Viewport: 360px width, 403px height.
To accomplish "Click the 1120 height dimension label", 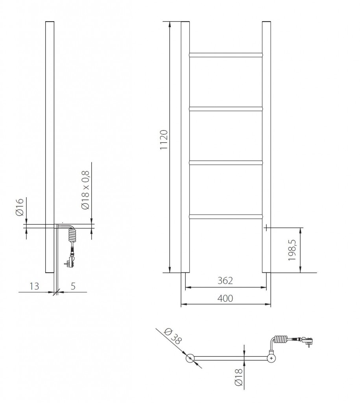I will (x=164, y=140).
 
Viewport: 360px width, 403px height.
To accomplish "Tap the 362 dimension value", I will (x=225, y=281).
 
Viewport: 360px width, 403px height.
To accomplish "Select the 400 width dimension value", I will (x=225, y=298).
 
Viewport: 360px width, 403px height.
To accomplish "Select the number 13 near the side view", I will (x=35, y=286).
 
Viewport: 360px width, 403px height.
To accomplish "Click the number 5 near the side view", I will (x=73, y=286).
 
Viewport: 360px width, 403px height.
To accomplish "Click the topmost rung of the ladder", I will (x=225, y=54).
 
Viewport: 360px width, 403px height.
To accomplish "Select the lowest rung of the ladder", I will (x=225, y=216).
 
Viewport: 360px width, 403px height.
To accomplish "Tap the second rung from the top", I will (x=225, y=108).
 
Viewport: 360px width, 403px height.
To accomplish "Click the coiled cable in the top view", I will (x=281, y=339).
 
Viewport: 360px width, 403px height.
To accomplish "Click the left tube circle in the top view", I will (x=190, y=358).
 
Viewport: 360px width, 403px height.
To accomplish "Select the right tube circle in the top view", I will (x=272, y=358).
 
